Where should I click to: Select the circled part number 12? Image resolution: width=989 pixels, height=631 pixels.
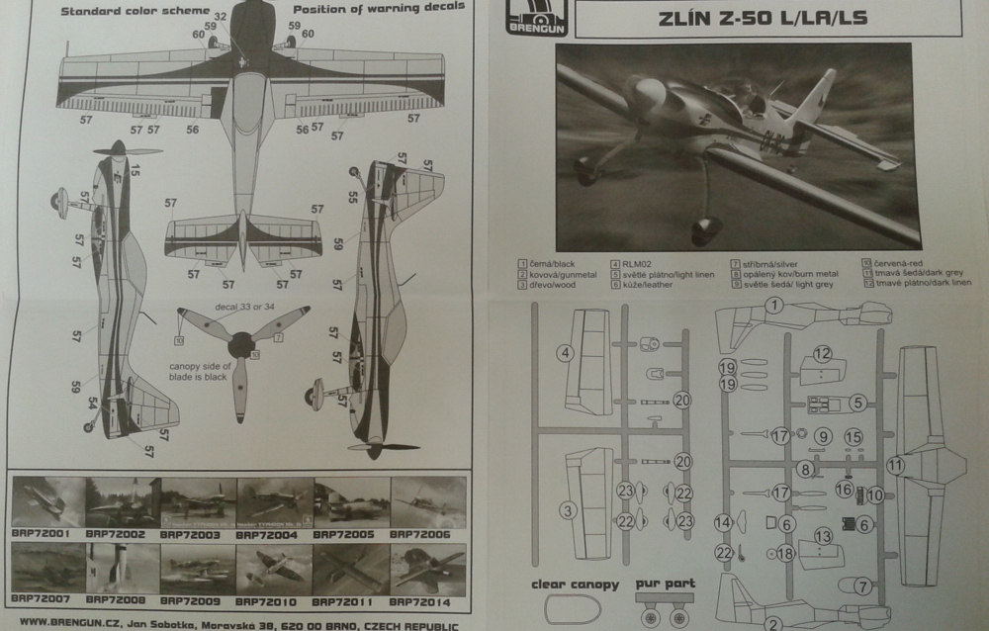point(823,353)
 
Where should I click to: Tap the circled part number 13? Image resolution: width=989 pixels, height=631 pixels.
point(823,536)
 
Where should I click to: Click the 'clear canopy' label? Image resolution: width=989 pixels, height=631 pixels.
point(576,584)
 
